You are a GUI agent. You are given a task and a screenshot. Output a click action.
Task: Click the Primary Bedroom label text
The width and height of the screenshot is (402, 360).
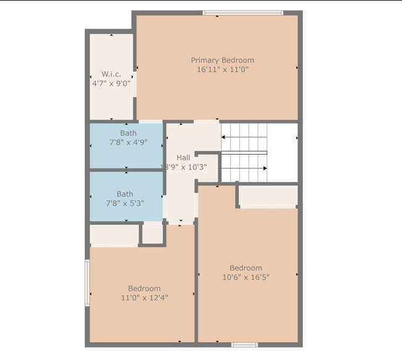click(x=222, y=60)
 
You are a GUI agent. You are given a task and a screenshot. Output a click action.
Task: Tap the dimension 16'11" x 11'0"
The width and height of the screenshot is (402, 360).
click(x=222, y=70)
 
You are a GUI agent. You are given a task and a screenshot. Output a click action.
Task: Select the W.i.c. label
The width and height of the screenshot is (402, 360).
click(x=111, y=74)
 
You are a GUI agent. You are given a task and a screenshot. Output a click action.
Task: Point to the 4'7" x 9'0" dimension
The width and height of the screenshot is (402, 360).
click(x=111, y=84)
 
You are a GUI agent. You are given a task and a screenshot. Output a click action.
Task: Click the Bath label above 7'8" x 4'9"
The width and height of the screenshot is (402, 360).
click(x=129, y=132)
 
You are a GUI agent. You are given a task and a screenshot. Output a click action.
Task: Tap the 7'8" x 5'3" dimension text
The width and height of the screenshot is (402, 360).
click(x=126, y=203)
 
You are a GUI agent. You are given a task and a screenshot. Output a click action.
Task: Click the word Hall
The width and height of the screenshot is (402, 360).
click(x=183, y=158)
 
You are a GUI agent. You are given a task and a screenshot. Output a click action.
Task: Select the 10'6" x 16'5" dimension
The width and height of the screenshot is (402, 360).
click(x=246, y=277)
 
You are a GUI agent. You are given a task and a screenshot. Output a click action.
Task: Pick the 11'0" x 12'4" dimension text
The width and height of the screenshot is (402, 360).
click(x=144, y=298)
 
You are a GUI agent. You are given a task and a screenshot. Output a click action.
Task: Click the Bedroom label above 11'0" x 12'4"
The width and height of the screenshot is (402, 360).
click(x=144, y=288)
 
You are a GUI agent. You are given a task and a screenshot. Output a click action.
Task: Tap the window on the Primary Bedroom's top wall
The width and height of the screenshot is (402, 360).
click(x=243, y=12)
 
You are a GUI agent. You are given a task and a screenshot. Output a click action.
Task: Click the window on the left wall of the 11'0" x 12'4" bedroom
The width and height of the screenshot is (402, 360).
click(x=87, y=282)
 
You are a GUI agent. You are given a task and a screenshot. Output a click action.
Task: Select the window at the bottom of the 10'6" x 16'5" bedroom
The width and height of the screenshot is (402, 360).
click(x=244, y=345)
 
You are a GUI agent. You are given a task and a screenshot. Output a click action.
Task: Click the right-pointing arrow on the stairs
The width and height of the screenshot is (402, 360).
click(x=265, y=168)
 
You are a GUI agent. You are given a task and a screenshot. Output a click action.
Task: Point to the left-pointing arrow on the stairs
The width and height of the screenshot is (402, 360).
click(x=224, y=138)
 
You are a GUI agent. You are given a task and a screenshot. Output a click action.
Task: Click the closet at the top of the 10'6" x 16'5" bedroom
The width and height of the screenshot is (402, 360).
click(x=267, y=196)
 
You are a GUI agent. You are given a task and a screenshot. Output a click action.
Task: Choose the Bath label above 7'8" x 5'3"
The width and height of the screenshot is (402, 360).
click(x=125, y=194)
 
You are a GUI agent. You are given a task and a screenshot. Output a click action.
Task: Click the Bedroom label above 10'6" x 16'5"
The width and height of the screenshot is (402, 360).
click(x=246, y=268)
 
